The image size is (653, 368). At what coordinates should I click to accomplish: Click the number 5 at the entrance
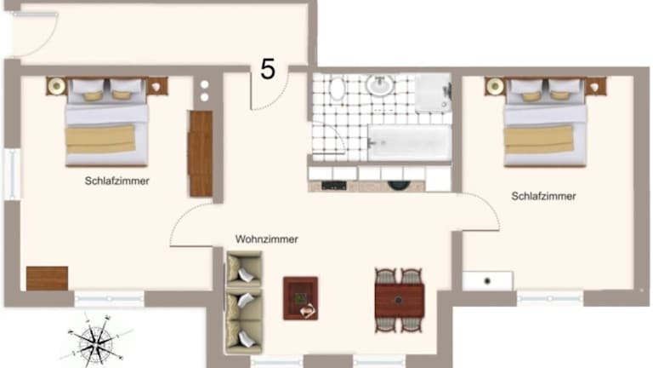point(268,69)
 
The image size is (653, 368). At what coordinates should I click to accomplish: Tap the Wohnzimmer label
point(266,239)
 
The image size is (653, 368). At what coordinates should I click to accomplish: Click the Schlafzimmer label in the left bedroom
point(117,181)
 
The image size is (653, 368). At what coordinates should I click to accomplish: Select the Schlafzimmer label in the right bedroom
point(543,196)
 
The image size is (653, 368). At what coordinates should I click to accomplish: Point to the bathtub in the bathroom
point(410,143)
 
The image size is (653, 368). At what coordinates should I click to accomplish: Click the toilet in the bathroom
point(338,88)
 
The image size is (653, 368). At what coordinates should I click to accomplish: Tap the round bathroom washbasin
point(380,84)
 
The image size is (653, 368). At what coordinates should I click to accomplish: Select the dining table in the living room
point(400,301)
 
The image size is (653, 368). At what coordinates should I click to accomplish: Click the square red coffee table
point(300,298)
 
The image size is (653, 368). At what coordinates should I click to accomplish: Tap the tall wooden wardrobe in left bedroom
point(201,153)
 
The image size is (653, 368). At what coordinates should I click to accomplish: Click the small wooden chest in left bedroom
point(47,279)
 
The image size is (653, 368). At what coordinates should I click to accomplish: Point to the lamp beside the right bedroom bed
point(495,86)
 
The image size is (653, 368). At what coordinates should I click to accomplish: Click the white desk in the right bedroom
point(488,281)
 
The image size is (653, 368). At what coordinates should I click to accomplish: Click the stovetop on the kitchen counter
point(334,186)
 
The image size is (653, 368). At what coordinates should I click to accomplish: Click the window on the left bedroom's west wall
point(12,174)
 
